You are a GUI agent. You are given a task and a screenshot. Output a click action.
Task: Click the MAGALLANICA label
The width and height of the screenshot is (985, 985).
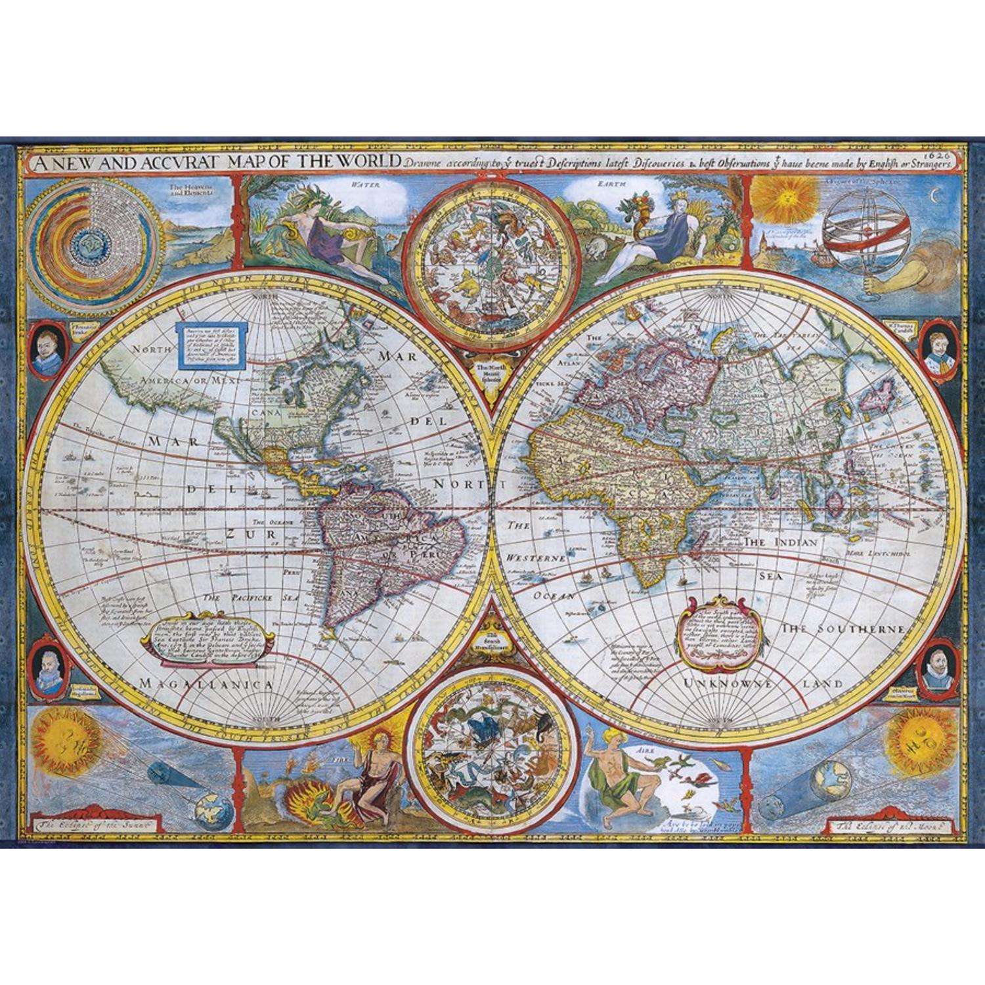click(206, 666)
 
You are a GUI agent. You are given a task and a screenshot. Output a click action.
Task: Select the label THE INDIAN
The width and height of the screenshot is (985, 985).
click(780, 542)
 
